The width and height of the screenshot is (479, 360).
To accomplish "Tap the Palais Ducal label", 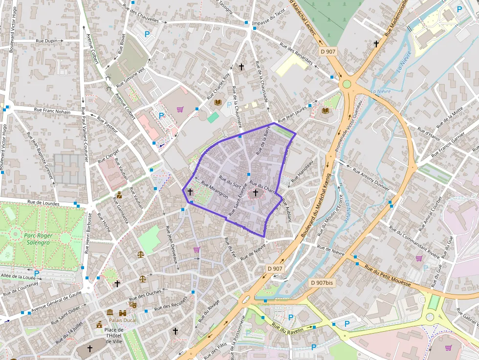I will (x=123, y=320).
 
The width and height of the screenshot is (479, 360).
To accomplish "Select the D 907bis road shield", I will (x=322, y=282).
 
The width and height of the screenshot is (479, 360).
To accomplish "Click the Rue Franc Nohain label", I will (x=52, y=111).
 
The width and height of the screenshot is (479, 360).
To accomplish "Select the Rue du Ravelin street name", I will (x=288, y=329).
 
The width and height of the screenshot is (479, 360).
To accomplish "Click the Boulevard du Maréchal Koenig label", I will (x=316, y=206).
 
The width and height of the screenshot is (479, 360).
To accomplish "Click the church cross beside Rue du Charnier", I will (x=255, y=193).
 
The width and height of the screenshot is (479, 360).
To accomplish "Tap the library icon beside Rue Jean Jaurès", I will (x=326, y=110).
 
